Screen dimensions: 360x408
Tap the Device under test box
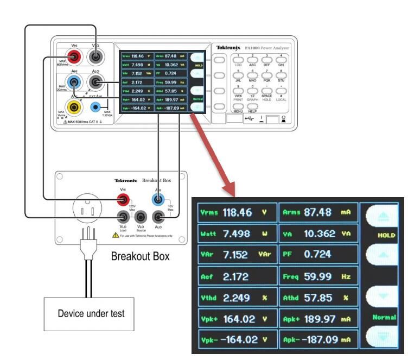click(x=88, y=313)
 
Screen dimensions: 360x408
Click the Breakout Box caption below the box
click(x=140, y=255)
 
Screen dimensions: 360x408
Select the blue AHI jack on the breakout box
click(x=158, y=199)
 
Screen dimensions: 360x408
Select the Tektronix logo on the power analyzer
click(x=227, y=48)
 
